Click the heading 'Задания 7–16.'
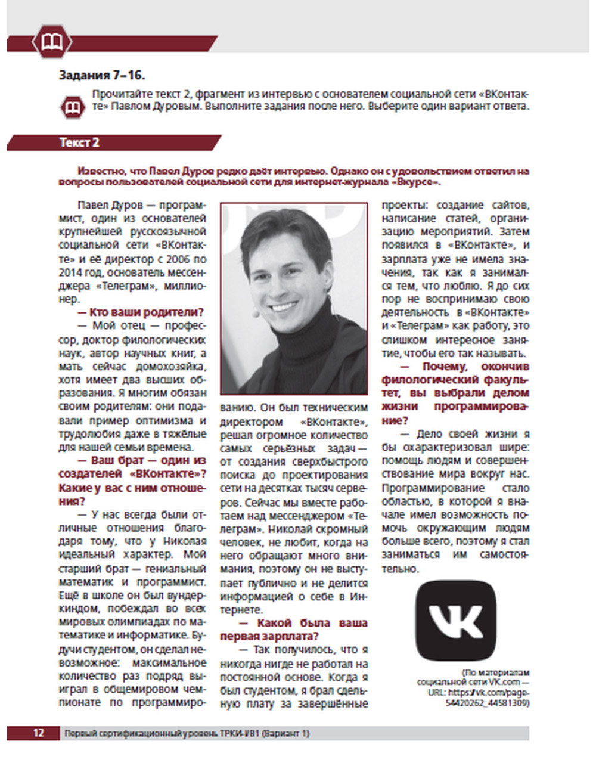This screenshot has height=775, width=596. tap(102, 75)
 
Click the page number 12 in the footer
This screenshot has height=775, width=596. tap(38, 733)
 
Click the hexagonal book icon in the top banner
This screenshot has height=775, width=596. tap(52, 41)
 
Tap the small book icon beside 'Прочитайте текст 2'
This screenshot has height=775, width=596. tap(73, 108)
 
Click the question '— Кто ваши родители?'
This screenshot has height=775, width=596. tap(141, 312)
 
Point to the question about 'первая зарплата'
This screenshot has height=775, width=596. tap(294, 630)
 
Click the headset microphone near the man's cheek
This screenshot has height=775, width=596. tap(254, 311)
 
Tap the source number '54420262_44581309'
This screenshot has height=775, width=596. tap(487, 703)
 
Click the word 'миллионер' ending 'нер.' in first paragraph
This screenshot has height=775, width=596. tap(69, 299)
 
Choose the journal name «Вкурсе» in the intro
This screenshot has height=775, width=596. tap(417, 181)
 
